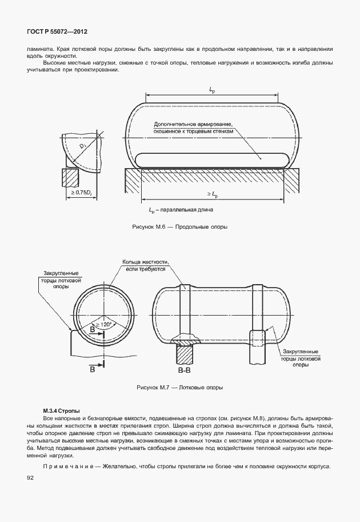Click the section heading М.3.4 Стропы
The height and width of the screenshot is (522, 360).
pyautogui.click(x=61, y=411)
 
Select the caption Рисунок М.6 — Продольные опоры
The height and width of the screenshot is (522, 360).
pyautogui.click(x=180, y=227)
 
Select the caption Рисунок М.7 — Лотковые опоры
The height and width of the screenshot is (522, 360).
pyautogui.click(x=180, y=387)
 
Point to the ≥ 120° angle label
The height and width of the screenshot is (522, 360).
pyautogui.click(x=105, y=324)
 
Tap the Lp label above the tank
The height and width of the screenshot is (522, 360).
pyautogui.click(x=211, y=90)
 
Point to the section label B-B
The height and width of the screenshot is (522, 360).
pyautogui.click(x=184, y=372)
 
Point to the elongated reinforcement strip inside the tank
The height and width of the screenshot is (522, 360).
pyautogui.click(x=211, y=157)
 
